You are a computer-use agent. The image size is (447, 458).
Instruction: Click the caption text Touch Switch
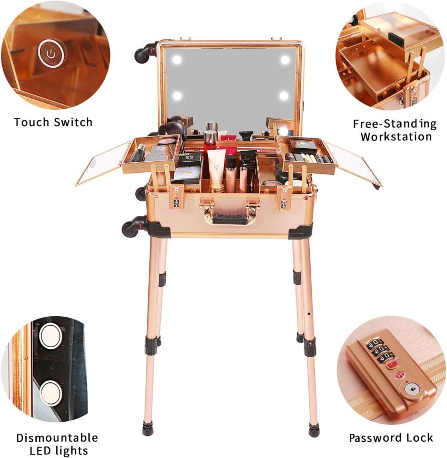point(53,122)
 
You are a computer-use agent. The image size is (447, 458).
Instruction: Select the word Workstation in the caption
point(396,137)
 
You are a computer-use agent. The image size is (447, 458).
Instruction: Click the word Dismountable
point(57,437)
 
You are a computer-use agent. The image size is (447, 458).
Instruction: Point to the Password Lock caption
point(391,438)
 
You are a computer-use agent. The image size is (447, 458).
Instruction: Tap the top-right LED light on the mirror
point(285,60)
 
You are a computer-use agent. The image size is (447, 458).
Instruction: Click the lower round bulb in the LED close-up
point(51,391)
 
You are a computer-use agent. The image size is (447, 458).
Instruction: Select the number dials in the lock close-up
point(378,350)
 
